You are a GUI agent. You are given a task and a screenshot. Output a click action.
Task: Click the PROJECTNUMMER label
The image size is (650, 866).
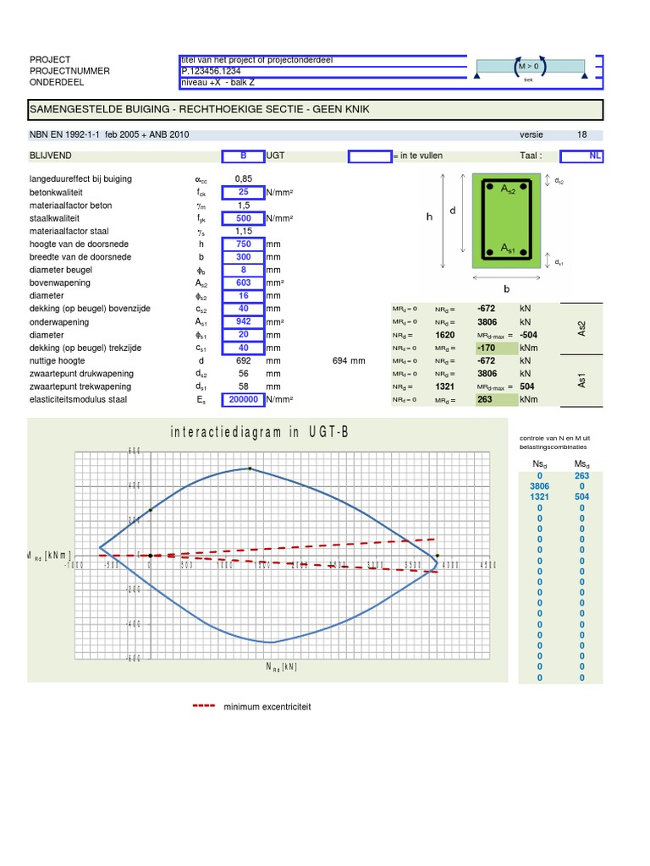69,71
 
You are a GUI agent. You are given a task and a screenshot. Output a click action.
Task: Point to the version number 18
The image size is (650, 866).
581,135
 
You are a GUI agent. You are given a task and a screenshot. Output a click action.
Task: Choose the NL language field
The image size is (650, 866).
596,156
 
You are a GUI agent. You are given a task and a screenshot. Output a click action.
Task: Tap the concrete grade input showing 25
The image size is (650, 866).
243,192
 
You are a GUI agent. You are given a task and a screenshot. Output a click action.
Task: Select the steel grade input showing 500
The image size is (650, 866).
243,218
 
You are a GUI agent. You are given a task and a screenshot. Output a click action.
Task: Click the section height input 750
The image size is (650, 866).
243,244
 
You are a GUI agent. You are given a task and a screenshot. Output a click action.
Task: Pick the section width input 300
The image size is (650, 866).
243,257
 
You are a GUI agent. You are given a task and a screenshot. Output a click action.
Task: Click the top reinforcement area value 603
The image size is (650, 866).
243,283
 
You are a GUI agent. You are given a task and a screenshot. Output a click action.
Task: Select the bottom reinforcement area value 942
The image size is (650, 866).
243,322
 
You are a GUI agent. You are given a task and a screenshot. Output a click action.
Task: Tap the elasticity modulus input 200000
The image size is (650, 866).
243,399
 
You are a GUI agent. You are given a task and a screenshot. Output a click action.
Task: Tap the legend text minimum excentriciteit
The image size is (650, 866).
267,707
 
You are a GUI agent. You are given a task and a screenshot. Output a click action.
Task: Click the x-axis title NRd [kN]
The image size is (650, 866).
281,666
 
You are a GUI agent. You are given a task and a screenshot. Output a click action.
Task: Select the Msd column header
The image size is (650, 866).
581,464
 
